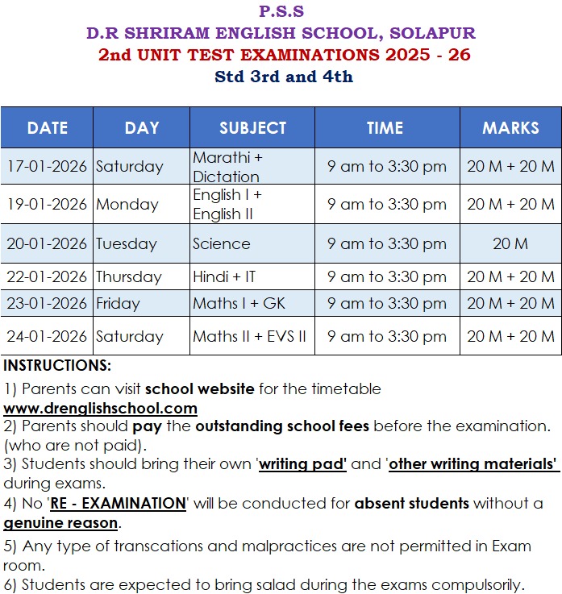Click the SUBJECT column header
(x=252, y=128)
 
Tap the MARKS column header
(x=510, y=128)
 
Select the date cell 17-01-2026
(x=46, y=167)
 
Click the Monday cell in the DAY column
(x=127, y=205)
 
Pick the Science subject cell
(x=221, y=244)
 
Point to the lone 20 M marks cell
(x=510, y=244)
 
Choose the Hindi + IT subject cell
(x=224, y=277)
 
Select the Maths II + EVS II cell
(x=249, y=337)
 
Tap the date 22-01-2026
(x=46, y=277)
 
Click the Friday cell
(x=118, y=304)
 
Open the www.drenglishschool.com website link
(x=100, y=409)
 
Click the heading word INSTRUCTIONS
(x=57, y=366)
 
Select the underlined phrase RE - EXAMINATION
(x=118, y=504)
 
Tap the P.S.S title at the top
(x=281, y=11)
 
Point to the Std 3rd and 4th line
(x=283, y=77)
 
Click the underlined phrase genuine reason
(x=60, y=523)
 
